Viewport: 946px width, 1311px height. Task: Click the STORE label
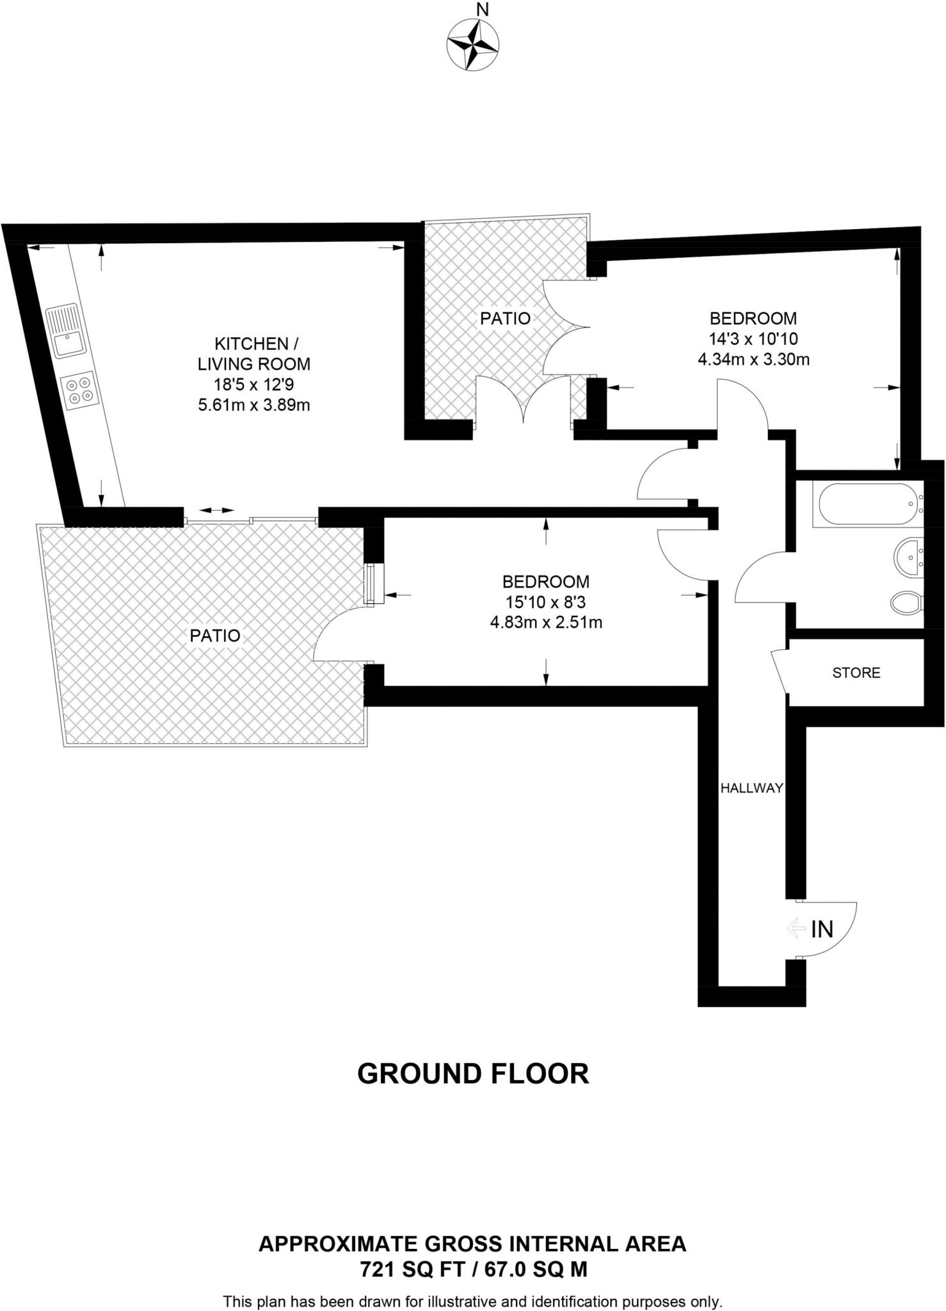856,673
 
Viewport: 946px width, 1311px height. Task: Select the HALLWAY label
751,788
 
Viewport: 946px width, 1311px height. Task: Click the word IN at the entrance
822,929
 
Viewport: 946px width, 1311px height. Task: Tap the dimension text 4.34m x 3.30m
753,360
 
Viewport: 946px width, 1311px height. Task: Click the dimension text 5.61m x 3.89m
254,405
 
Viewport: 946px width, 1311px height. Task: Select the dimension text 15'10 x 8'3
545,602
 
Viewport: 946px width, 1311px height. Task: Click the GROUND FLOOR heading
473,1074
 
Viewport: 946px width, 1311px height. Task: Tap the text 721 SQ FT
412,1269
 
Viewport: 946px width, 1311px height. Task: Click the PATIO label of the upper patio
505,318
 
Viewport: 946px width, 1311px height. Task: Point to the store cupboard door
780,671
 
